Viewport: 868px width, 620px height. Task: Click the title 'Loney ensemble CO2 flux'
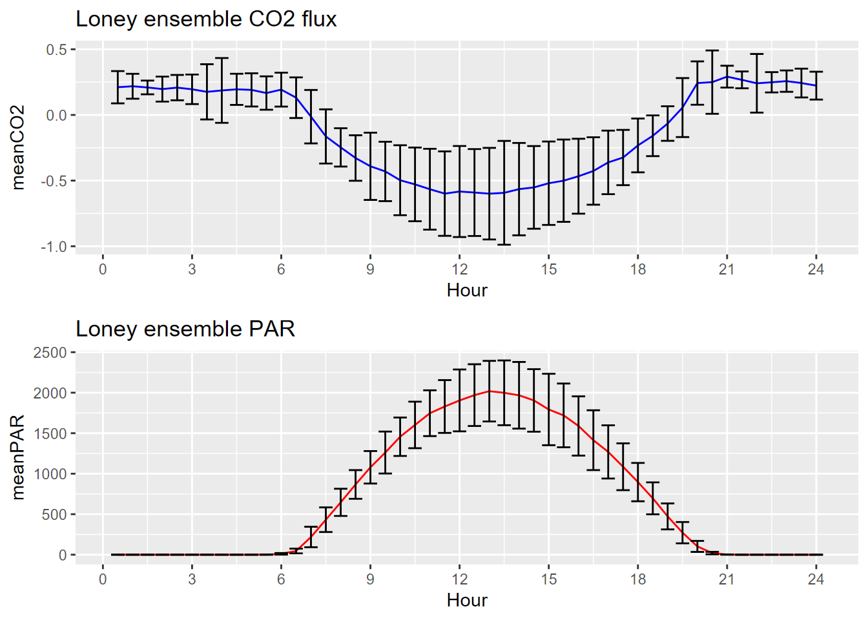point(206,19)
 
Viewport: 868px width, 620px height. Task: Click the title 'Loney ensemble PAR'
point(185,329)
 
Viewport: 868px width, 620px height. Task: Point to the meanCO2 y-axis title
point(18,147)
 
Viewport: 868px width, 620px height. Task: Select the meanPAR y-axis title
point(18,457)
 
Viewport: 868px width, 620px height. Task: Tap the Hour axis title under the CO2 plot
point(467,290)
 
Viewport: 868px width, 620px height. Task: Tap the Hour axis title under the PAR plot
point(467,600)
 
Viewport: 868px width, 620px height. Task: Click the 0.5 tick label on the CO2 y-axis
point(56,50)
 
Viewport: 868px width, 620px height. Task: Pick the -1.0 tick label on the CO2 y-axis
point(54,247)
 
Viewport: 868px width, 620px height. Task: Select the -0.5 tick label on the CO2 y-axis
point(54,181)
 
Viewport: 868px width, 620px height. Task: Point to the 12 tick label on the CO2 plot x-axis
point(459,269)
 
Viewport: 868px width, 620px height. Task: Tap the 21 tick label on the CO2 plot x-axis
point(727,269)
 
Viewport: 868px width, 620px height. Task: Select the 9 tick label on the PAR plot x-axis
point(370,579)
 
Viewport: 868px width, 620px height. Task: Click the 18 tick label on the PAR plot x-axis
point(637,579)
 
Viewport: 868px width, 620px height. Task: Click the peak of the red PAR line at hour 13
point(490,391)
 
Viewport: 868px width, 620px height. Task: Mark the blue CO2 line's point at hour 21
point(727,77)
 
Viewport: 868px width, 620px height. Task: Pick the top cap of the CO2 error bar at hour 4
point(222,58)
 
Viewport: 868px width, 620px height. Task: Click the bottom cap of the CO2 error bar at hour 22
point(757,112)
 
